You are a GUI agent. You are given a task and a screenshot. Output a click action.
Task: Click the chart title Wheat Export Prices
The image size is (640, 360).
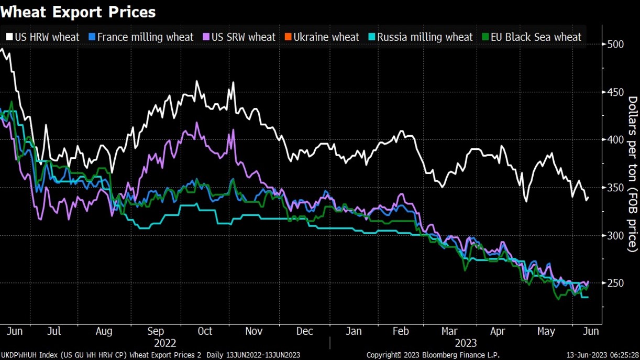(78, 12)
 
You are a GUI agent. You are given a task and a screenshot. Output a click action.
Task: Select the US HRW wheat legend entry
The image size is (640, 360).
(43, 37)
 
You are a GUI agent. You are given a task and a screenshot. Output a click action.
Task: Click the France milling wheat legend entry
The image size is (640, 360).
(141, 37)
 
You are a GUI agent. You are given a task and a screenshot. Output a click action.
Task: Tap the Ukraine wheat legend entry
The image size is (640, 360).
(322, 37)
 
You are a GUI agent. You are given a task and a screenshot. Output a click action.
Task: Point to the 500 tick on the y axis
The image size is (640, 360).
(615, 44)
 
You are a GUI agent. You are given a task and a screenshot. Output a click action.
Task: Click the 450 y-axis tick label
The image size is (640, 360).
(615, 92)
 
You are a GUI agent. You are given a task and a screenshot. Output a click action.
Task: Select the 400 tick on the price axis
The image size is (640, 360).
(615, 140)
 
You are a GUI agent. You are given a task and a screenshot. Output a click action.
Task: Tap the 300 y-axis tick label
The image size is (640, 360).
(615, 235)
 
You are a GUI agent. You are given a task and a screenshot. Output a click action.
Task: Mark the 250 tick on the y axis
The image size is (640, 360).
(615, 283)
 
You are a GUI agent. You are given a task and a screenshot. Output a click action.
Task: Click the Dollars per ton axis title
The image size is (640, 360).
(632, 174)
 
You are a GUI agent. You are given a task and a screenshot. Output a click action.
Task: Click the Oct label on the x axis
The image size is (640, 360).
(205, 331)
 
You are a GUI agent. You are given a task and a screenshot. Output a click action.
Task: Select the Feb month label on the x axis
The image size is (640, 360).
(401, 331)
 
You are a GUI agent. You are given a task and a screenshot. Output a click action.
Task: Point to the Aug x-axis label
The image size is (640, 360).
(104, 331)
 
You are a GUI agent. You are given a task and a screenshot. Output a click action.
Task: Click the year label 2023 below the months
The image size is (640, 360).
(466, 343)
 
